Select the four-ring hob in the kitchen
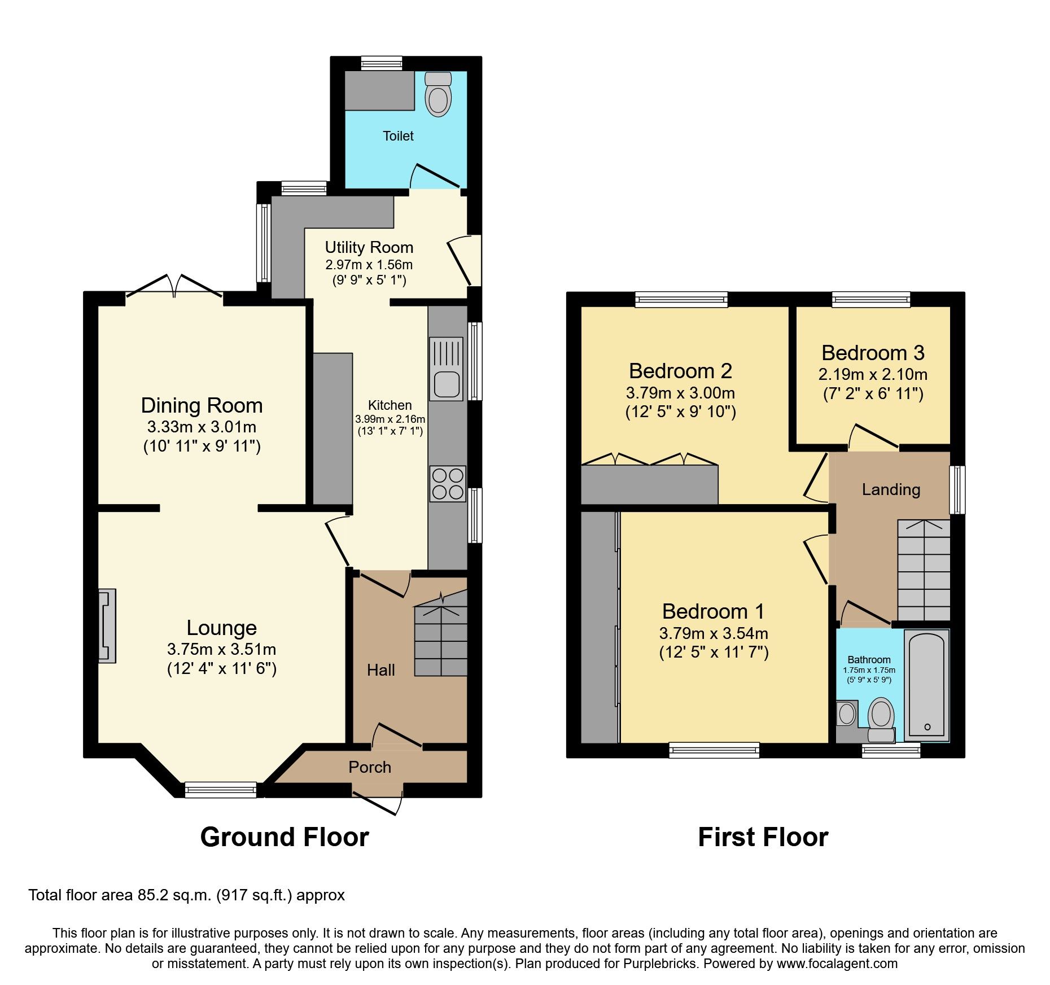[x=447, y=484]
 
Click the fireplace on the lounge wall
[x=107, y=625]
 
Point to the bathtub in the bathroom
[x=926, y=685]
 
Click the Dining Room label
[x=202, y=405]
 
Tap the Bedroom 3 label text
[x=873, y=353]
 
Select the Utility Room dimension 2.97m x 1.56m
[x=369, y=264]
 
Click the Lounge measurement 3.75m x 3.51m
[x=221, y=649]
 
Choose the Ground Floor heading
[x=285, y=837]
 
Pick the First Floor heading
[x=763, y=837]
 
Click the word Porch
[x=370, y=767]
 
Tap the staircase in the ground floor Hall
[x=441, y=641]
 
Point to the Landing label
[x=891, y=489]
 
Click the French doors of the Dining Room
[x=174, y=287]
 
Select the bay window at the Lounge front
[x=221, y=789]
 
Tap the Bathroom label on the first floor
[x=869, y=659]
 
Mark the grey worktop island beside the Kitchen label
[x=333, y=428]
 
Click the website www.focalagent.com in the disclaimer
[x=837, y=964]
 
